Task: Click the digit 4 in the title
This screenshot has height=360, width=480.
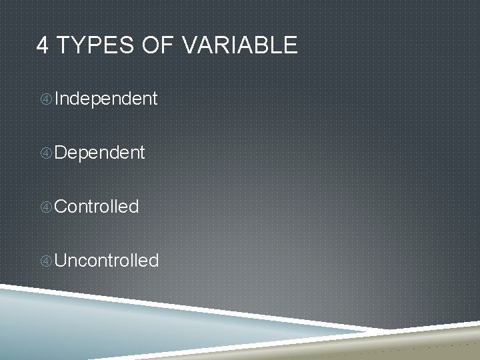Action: (x=43, y=45)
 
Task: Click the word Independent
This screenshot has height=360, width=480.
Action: (x=106, y=99)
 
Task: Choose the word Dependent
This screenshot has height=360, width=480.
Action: (x=99, y=153)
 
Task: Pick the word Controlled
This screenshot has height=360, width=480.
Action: (x=97, y=207)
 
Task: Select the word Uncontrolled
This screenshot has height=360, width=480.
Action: (x=107, y=260)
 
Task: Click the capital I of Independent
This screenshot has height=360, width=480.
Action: (x=57, y=99)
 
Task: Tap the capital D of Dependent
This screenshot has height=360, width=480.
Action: (x=61, y=153)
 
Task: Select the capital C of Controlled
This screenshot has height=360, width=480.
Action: (x=61, y=207)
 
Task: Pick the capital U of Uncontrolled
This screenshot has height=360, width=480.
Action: (x=61, y=260)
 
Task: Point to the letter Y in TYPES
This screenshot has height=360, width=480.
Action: (x=74, y=45)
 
